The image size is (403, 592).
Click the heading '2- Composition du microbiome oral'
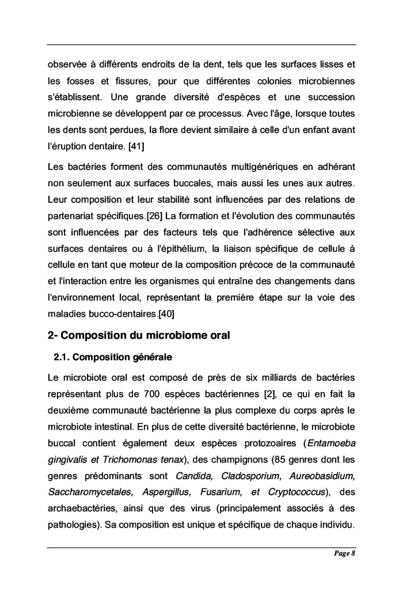[x=138, y=335]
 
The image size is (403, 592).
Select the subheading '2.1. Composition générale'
[x=112, y=357]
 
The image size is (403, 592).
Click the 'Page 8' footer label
[x=344, y=554]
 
